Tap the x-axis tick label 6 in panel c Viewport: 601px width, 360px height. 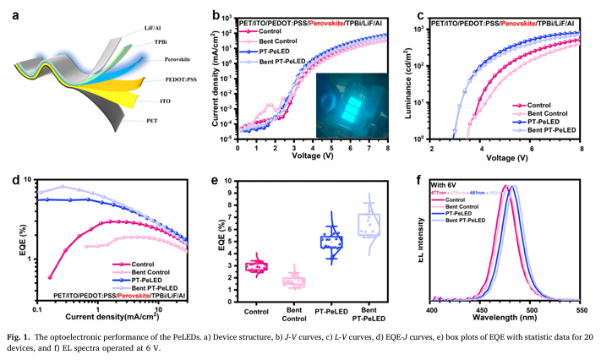coord(533,148)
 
